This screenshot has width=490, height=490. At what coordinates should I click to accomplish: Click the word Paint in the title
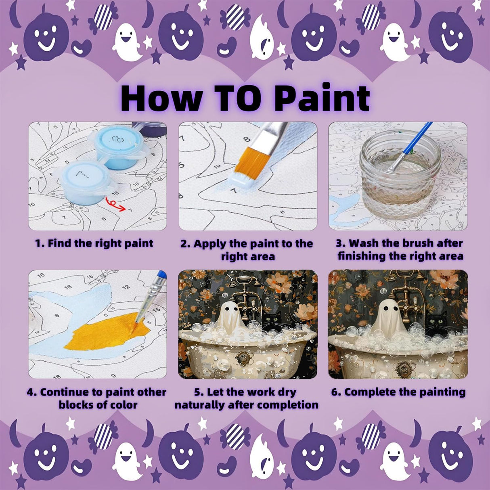tap(325, 98)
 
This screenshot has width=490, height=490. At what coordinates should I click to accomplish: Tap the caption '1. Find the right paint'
tap(94, 243)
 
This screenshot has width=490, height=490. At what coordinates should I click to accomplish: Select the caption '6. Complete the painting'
tap(398, 392)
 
